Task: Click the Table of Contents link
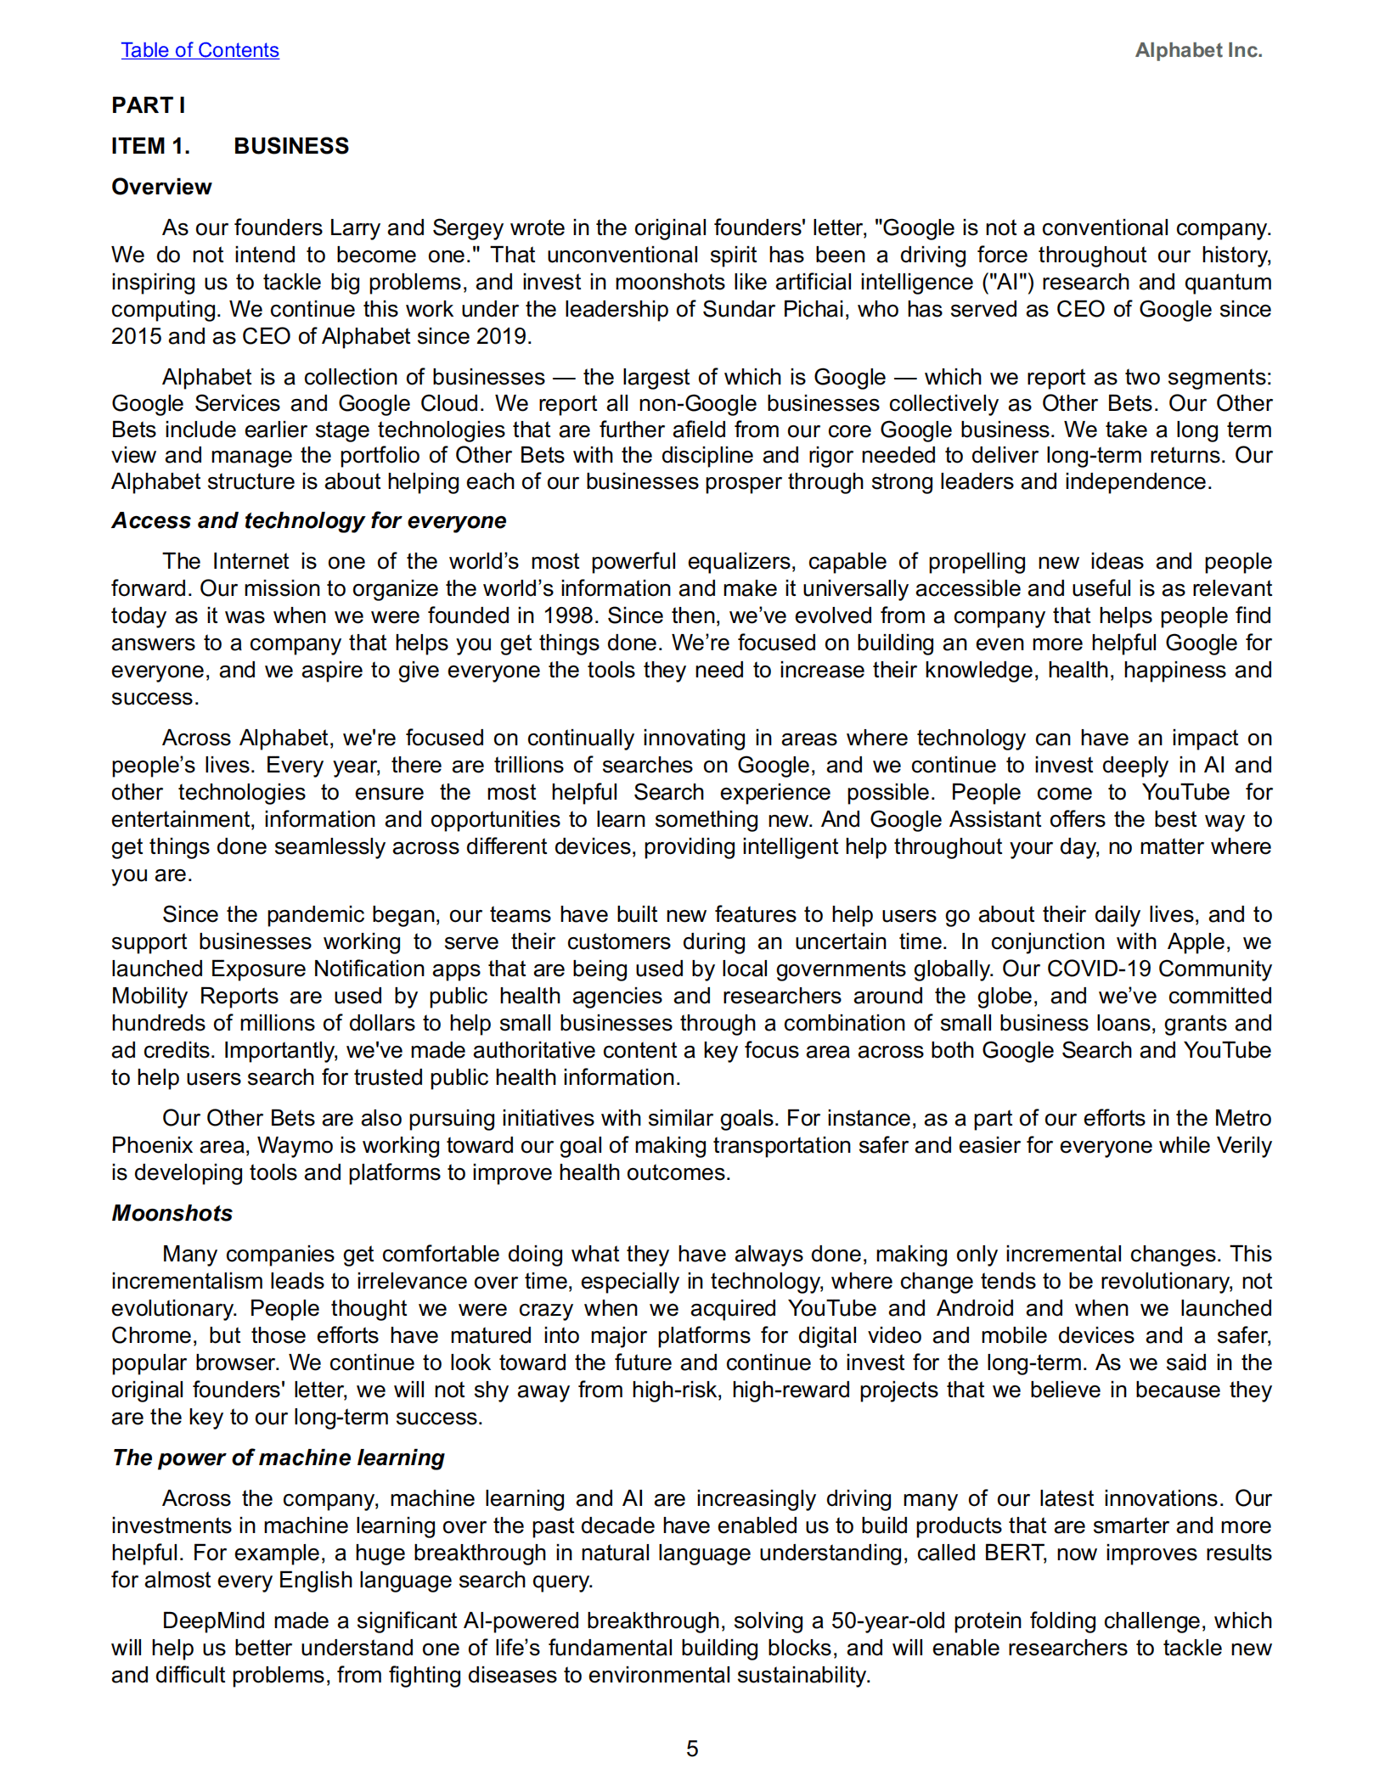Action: (200, 50)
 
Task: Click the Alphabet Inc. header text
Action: (1197, 50)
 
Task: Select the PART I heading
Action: (148, 105)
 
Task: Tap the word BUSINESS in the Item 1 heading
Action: (291, 146)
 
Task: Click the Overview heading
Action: (161, 187)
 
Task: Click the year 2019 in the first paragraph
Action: (501, 336)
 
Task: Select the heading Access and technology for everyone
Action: (308, 520)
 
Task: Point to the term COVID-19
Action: (1098, 969)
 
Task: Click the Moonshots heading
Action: (172, 1213)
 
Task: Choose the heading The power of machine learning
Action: (278, 1458)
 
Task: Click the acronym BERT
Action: (1014, 1553)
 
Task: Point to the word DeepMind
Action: (214, 1621)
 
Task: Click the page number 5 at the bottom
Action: (692, 1749)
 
